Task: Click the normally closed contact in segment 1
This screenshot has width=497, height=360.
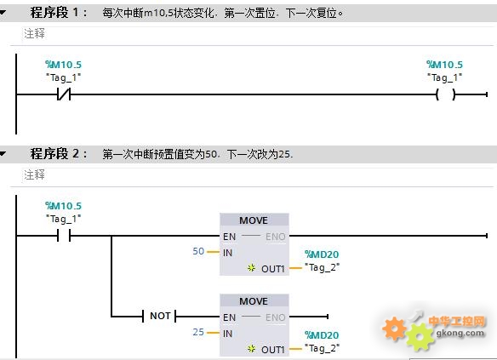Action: tap(64, 94)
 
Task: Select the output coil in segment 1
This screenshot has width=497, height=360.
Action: tap(446, 94)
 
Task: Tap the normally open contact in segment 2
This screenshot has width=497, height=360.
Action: tap(64, 236)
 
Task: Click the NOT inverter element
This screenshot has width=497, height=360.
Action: tap(159, 316)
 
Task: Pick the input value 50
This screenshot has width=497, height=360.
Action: tap(198, 251)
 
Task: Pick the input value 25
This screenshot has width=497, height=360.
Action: tap(198, 332)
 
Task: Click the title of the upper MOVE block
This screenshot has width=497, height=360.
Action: tap(254, 220)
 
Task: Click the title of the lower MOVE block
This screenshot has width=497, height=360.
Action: tap(254, 301)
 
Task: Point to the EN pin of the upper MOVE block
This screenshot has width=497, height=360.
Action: tap(229, 237)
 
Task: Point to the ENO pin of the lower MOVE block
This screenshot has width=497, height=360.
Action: tap(276, 317)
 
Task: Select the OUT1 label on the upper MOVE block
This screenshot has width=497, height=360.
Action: tap(273, 269)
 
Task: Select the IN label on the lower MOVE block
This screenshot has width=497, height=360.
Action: tap(227, 334)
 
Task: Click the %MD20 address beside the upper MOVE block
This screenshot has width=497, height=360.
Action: tap(322, 254)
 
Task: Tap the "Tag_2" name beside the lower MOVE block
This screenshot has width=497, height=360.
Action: tap(322, 348)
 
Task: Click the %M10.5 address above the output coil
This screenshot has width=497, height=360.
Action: tap(444, 65)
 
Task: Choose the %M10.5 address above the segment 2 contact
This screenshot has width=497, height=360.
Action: tap(63, 206)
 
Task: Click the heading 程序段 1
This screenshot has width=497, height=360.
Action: tap(58, 13)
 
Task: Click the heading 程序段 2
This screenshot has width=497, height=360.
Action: tap(58, 154)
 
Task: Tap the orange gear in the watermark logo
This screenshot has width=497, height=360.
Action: tap(394, 329)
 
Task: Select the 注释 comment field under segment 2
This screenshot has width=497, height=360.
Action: tap(35, 174)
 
